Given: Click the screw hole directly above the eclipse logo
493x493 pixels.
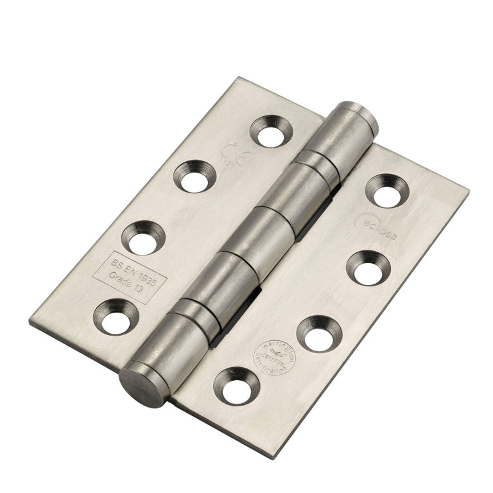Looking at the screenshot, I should pos(387,191).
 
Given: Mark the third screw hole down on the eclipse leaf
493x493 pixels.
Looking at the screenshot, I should pos(318,333).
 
